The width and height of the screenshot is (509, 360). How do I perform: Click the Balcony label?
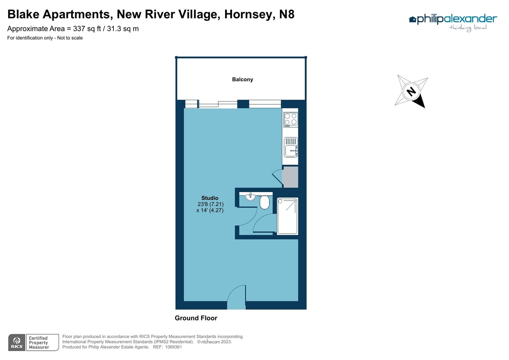pos(242,79)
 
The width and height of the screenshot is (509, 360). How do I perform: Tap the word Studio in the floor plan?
pos(210,198)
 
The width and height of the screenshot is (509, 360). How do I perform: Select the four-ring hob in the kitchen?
pos(290,119)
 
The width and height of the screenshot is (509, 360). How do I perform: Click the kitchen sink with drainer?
pos(291,147)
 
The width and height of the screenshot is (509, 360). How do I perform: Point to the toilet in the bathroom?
pos(264,202)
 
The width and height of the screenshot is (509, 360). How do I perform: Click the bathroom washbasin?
pos(250,197)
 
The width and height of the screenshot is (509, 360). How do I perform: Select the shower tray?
pos(287,216)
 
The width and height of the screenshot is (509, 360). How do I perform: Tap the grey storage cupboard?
pos(290,177)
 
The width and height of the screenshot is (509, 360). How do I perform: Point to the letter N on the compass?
pos(411,91)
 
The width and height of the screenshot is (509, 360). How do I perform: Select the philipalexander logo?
pos(453,22)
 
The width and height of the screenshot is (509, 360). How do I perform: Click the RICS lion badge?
pos(17,342)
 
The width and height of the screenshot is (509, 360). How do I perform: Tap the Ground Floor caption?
pos(196,318)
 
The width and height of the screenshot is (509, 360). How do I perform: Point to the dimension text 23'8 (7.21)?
pos(210,204)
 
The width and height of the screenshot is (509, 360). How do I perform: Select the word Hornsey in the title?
pos(249,14)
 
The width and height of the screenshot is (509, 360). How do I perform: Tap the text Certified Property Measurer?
pos(39,343)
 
